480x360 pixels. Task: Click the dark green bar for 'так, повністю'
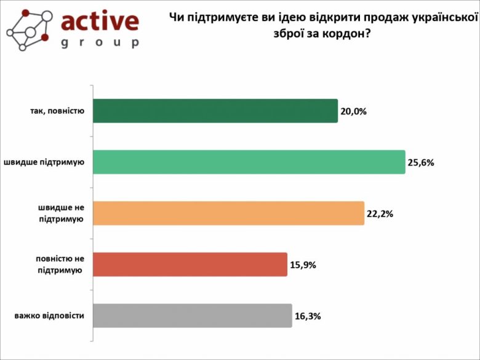[215, 111]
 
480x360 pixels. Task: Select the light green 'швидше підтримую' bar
[249, 162]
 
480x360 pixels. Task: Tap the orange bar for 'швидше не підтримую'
[228, 213]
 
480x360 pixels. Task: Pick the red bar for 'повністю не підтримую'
[190, 264]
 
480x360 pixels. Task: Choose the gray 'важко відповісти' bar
[192, 316]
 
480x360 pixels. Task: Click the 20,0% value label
[354, 111]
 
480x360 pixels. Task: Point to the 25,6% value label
[422, 162]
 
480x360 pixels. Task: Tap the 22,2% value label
[380, 214]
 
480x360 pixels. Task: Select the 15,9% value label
[303, 265]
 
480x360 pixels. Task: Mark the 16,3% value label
[308, 316]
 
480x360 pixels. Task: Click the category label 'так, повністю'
[56, 111]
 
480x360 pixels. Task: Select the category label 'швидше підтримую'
[46, 162]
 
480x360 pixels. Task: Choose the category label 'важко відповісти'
[49, 316]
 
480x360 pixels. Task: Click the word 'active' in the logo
[100, 21]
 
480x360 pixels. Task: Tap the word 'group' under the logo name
[100, 42]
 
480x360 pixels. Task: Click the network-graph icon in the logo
[28, 28]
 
